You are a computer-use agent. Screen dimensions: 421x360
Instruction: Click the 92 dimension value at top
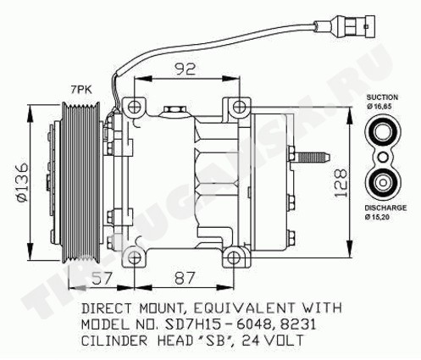click(x=186, y=68)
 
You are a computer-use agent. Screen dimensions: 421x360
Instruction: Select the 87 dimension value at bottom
click(x=185, y=278)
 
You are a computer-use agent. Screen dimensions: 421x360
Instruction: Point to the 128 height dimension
click(x=341, y=183)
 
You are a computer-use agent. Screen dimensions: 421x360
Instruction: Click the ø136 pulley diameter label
click(x=22, y=182)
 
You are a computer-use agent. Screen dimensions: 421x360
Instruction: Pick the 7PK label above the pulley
click(x=81, y=90)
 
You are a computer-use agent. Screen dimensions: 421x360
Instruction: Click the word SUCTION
click(x=382, y=97)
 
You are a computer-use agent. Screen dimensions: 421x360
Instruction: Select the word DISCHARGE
click(x=385, y=208)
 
